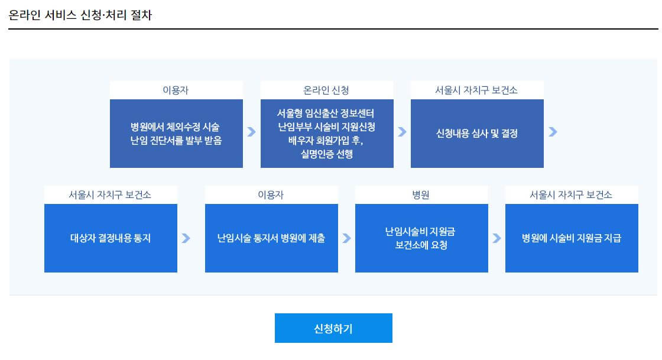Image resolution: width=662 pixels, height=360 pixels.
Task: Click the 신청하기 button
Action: pyautogui.click(x=333, y=328)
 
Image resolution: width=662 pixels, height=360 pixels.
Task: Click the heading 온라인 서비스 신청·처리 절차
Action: pyautogui.click(x=80, y=15)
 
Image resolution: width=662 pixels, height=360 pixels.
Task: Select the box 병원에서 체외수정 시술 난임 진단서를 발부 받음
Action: pyautogui.click(x=176, y=134)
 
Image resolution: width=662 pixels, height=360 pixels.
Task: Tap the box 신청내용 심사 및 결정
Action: pyautogui.click(x=477, y=134)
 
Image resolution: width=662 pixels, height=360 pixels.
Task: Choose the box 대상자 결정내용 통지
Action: pyautogui.click(x=111, y=238)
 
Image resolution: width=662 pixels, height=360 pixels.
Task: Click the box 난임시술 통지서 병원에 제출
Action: pyautogui.click(x=271, y=238)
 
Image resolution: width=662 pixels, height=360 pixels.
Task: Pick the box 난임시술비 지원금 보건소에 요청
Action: pyautogui.click(x=421, y=238)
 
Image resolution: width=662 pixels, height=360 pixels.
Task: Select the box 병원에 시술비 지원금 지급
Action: pyautogui.click(x=572, y=238)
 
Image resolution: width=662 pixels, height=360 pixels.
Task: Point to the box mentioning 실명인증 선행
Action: pyautogui.click(x=327, y=134)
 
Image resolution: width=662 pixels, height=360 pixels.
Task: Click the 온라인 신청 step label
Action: pyautogui.click(x=327, y=90)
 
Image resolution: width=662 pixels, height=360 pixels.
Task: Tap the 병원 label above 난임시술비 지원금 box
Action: pyautogui.click(x=421, y=195)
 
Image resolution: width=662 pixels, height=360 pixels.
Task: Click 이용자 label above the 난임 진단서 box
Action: pyautogui.click(x=176, y=90)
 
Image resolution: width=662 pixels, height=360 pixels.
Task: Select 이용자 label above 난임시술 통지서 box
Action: pyautogui.click(x=271, y=195)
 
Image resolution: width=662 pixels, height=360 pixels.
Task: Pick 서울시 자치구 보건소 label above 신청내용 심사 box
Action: pyautogui.click(x=477, y=90)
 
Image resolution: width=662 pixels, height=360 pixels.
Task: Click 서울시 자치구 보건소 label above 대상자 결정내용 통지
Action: pyautogui.click(x=111, y=195)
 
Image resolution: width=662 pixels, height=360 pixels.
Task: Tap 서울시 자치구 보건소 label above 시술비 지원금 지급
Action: pyautogui.click(x=572, y=195)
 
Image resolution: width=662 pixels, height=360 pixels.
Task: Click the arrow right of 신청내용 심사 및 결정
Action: pyautogui.click(x=553, y=132)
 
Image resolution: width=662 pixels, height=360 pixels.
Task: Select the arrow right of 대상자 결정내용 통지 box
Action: pyautogui.click(x=186, y=238)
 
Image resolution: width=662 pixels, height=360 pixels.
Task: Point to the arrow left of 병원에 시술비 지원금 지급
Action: pyautogui.click(x=496, y=238)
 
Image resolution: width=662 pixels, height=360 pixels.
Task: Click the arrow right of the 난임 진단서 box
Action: pyautogui.click(x=251, y=132)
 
